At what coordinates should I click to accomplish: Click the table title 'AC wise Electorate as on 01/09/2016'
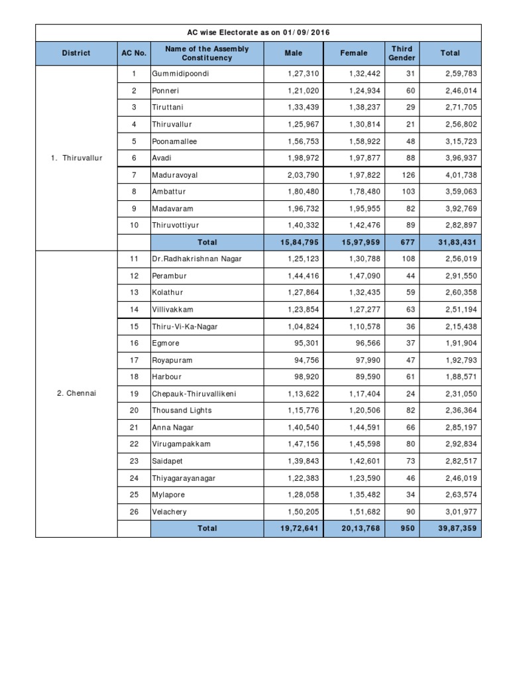258,32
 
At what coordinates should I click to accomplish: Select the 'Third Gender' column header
402,53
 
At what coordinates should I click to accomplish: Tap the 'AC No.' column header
134,53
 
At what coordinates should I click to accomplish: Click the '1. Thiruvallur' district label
76,158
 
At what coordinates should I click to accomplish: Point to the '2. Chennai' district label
76,393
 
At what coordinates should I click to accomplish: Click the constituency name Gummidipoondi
180,74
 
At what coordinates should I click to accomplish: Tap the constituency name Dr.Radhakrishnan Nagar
197,259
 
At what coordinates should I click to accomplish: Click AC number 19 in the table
134,393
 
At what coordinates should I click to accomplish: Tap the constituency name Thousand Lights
182,410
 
